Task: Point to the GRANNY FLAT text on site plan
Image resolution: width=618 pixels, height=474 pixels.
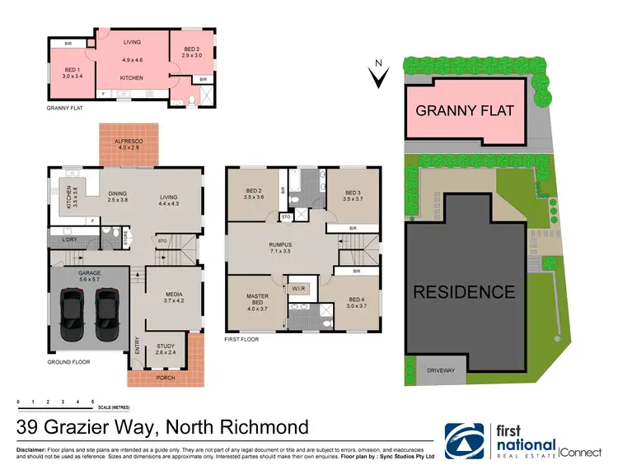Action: [x=465, y=110]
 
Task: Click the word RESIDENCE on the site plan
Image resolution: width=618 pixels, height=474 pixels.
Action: [x=464, y=291]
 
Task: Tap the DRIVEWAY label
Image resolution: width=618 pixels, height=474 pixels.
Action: [x=440, y=371]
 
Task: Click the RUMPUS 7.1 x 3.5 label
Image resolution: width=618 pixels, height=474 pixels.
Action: [x=287, y=247]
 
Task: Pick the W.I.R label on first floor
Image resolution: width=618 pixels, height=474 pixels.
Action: [x=297, y=288]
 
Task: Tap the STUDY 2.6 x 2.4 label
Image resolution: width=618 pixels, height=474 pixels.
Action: [x=166, y=349]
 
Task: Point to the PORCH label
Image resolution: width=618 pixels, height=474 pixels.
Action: [x=166, y=378]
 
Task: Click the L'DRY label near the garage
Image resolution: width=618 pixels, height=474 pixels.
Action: [x=70, y=239]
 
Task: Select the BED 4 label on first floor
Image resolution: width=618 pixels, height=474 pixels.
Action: [x=356, y=303]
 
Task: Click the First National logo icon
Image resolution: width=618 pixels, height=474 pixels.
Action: [x=466, y=441]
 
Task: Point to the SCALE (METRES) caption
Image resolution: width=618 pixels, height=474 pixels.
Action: [x=115, y=407]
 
